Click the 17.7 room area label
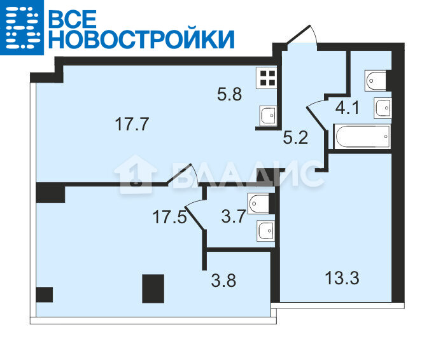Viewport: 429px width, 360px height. [x=132, y=124]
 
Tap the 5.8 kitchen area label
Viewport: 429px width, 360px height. [x=229, y=94]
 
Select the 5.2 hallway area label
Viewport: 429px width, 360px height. [x=295, y=137]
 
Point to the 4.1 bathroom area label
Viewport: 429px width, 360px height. [x=347, y=107]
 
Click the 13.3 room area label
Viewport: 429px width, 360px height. [x=342, y=278]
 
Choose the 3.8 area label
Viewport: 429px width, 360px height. [x=223, y=280]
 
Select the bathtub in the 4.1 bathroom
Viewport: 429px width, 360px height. [x=363, y=136]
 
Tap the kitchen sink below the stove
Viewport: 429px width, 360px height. [x=267, y=115]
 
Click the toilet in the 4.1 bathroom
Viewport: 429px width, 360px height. [x=376, y=81]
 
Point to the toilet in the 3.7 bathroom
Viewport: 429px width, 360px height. [x=258, y=204]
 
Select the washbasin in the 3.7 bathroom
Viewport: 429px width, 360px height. [x=265, y=232]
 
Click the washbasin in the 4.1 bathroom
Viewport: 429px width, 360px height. [x=383, y=108]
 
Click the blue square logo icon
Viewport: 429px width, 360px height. [x=22, y=27]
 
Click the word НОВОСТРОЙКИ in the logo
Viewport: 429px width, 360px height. [x=142, y=39]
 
